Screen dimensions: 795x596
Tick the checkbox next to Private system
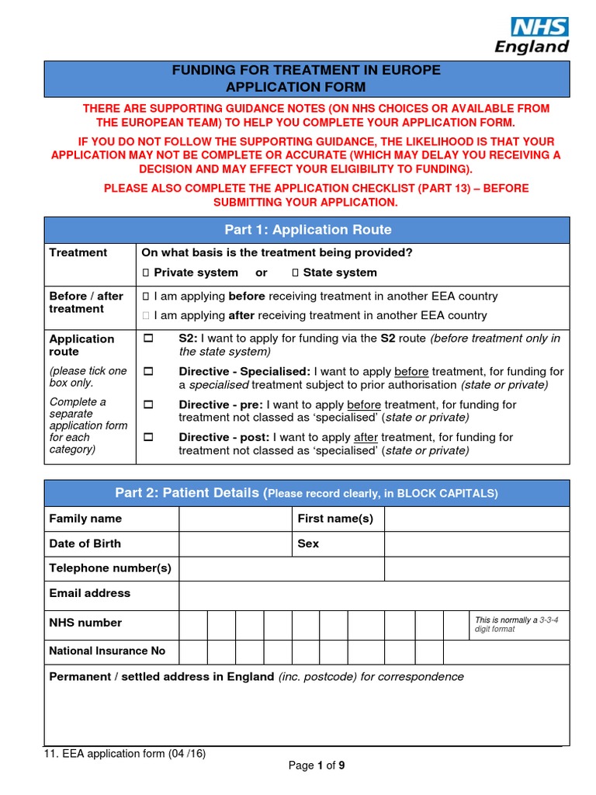(145, 273)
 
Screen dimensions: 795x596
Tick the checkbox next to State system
(295, 273)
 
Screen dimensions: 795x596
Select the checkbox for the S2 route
(149, 339)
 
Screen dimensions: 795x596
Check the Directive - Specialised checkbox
(149, 372)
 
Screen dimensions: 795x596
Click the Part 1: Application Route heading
(307, 230)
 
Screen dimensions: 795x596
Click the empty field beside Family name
(234, 519)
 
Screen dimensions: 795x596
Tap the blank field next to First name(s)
(476, 519)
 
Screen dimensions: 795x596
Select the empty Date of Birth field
(234, 543)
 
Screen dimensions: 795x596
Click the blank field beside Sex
(476, 543)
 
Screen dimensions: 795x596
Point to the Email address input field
(374, 594)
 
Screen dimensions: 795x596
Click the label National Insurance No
(108, 651)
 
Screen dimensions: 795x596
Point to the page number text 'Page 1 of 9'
(317, 765)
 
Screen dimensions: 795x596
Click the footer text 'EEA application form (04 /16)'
(125, 753)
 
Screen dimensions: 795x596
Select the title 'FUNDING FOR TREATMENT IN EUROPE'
(306, 71)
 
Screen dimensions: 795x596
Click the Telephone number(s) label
(110, 568)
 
